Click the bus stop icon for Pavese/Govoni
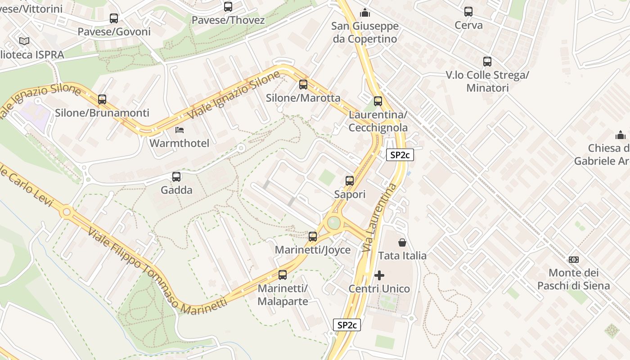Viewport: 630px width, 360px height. coord(114,18)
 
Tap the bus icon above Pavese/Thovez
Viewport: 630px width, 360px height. coord(228,7)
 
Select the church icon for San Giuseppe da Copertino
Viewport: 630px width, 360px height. coord(365,13)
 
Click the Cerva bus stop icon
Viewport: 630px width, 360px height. coord(468,12)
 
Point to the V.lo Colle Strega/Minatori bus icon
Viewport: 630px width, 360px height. coord(487,62)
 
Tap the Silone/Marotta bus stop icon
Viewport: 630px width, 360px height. coord(303,85)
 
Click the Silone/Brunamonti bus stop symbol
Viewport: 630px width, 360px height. coord(102,99)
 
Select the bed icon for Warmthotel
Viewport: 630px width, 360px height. coord(180,130)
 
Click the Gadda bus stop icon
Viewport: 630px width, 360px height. coord(176,177)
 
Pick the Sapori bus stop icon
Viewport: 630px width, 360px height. coord(350,181)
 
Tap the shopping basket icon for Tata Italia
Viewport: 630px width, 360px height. coord(402,243)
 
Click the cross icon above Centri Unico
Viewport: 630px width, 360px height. coord(379,275)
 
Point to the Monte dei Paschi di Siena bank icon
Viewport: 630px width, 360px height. coord(574,260)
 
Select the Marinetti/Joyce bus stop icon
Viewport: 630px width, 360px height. coord(313,236)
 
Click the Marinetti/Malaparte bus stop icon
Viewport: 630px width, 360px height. coord(283,275)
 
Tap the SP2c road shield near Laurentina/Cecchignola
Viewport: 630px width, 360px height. coord(400,155)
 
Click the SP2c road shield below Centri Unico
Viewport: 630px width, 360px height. coord(347,325)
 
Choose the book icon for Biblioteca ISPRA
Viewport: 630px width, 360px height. coord(24,41)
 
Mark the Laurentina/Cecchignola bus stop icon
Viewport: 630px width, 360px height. coord(378,101)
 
